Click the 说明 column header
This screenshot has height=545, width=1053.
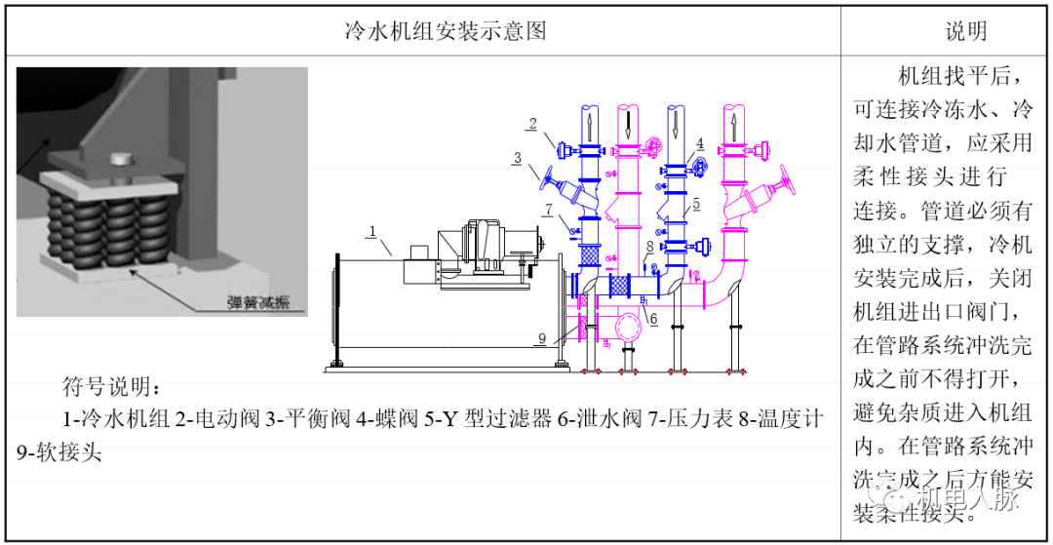point(965,31)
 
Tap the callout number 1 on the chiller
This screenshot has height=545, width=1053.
point(371,231)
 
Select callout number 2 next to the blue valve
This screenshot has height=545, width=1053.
point(532,123)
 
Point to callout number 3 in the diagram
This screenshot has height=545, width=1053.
point(518,157)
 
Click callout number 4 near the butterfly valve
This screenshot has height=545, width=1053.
point(700,142)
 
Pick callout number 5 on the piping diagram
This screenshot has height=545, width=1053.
point(697,205)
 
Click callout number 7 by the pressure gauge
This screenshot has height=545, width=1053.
point(549,209)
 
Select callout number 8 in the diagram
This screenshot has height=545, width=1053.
point(649,247)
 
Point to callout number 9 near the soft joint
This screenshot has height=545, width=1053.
point(541,338)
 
